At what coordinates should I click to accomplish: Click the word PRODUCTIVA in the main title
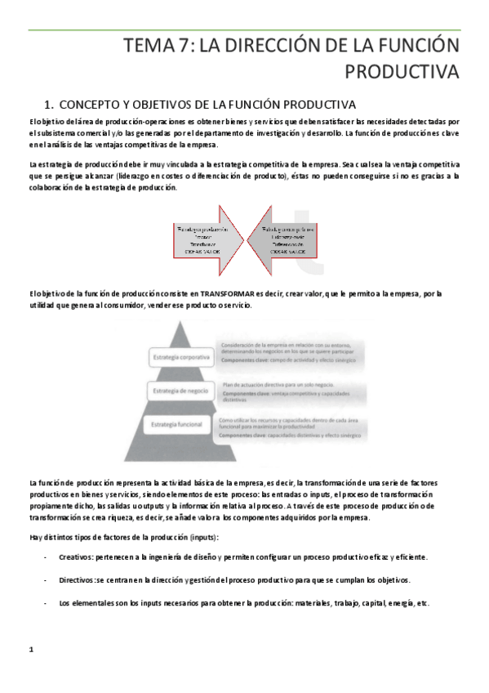coord(402,73)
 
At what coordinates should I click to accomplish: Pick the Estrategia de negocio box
coord(179,391)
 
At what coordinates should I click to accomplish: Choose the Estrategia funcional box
coord(178,425)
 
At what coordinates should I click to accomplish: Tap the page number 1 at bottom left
coord(30,650)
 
